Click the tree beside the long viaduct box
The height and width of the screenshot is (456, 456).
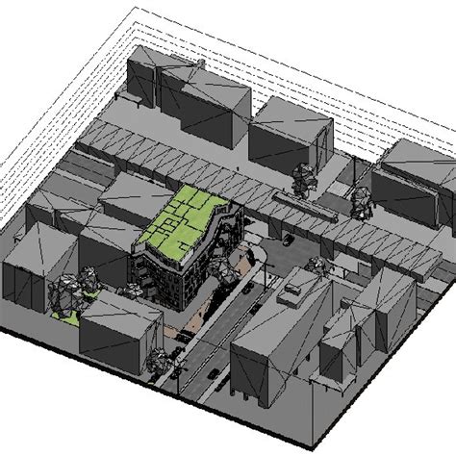click(303, 179)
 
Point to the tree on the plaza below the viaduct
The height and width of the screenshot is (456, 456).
click(313, 265)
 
